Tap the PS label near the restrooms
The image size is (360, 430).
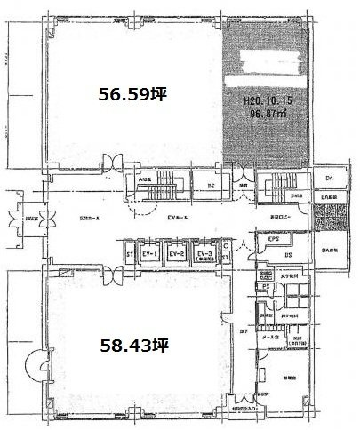tap(265, 287)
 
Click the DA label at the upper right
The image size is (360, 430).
tap(329, 179)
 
